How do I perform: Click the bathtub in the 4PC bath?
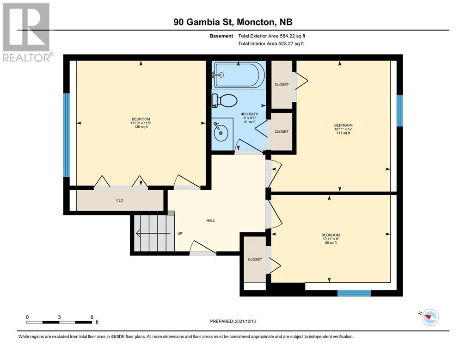point(239,74)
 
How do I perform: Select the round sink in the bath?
point(221,134)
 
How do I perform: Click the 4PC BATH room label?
point(250,118)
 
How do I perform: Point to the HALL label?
point(211,221)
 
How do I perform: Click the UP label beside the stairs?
point(180,234)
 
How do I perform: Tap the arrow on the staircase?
point(153,233)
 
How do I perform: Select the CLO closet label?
point(120,200)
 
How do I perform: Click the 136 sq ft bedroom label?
point(141,123)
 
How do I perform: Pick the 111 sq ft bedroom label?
point(343,129)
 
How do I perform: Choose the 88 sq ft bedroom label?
point(331,239)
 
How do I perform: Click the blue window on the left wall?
point(67,136)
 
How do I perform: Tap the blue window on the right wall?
point(400,111)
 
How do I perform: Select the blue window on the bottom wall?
point(354,293)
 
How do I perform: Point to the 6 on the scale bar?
point(92,317)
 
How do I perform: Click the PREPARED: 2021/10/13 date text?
point(233,321)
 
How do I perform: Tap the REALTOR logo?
point(27,32)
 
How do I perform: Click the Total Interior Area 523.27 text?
point(271,44)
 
